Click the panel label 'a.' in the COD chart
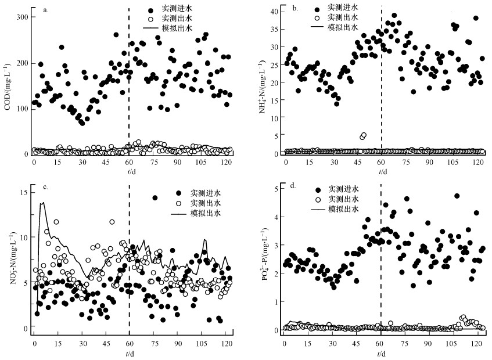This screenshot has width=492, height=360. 45,10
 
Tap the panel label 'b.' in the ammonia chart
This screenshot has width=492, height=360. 295,10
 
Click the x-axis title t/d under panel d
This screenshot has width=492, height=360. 382,353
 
